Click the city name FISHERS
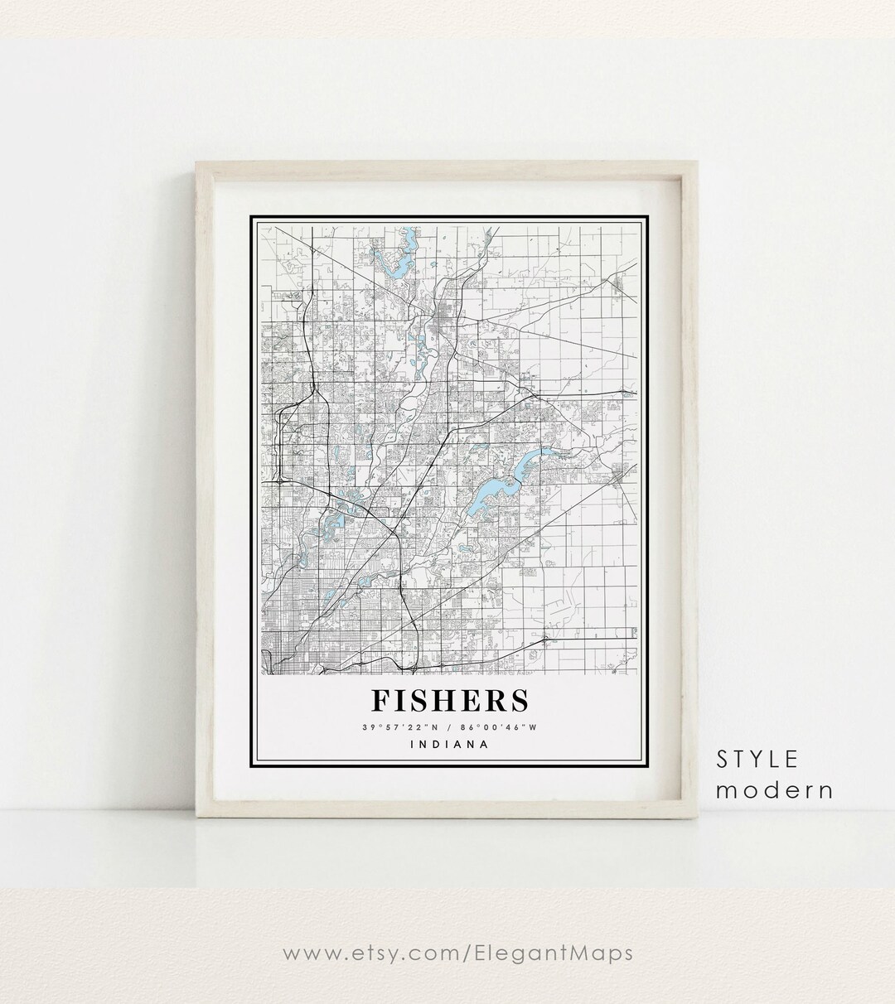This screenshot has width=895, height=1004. (x=449, y=700)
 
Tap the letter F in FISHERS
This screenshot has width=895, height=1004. (x=380, y=700)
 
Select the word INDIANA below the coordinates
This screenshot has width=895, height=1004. (x=449, y=744)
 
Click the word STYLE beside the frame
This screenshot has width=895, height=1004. (x=757, y=759)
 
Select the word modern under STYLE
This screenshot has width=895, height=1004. (x=774, y=790)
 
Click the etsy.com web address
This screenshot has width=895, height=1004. (x=457, y=953)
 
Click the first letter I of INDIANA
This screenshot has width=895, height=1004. (x=412, y=744)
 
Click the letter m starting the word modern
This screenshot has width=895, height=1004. (x=726, y=791)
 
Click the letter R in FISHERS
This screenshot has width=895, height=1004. (x=493, y=700)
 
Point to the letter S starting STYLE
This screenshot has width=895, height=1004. (x=723, y=759)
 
